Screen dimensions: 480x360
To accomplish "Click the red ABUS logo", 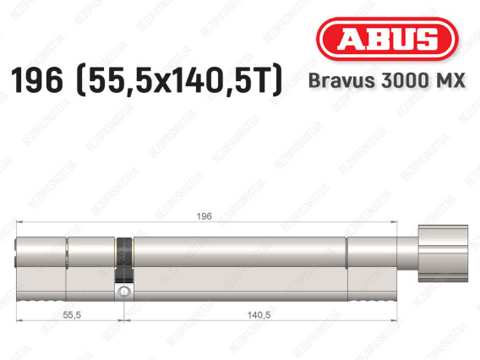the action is (x=387, y=39).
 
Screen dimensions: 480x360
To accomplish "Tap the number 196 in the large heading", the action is (x=37, y=80).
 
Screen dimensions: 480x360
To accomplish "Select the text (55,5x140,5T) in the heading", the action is (x=179, y=80).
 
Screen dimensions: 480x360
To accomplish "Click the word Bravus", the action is (x=342, y=80).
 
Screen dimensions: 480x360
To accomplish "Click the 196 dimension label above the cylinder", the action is (x=205, y=216).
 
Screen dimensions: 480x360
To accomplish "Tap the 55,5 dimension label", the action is (x=72, y=314).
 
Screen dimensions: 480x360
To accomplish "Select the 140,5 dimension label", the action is (x=259, y=314).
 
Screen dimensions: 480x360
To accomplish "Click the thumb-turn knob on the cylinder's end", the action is (x=443, y=254).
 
